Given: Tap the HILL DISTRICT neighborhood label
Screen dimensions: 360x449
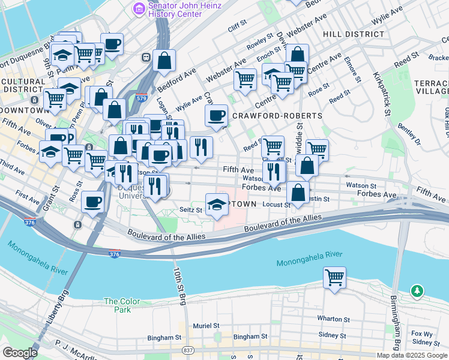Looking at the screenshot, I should pos(353,34).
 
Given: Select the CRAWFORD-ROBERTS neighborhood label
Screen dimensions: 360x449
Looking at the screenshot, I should pos(269,115).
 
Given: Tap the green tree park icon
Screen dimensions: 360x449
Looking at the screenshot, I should pos(417,291).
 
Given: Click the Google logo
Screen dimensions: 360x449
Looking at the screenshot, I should pos(20,353).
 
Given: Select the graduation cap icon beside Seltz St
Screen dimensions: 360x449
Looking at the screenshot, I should pos(217,204).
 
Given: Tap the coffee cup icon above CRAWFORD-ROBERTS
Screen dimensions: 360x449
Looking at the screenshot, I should pos(216,115).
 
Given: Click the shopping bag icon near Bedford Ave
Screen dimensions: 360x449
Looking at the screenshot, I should pos(164,61).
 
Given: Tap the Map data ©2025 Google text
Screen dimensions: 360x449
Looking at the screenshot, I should pos(411,355).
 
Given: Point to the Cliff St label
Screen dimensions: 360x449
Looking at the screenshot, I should pos(238,26).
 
